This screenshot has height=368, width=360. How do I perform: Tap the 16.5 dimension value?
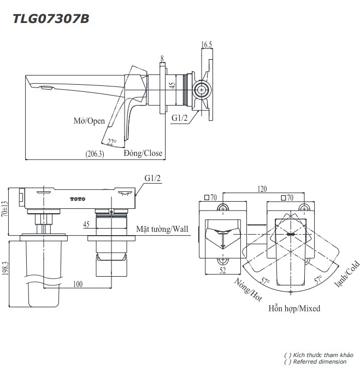pyautogui.click(x=206, y=45)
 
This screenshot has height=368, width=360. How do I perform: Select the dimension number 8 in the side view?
pyautogui.click(x=162, y=58)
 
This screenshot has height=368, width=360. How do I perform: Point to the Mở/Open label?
pyautogui.click(x=89, y=121)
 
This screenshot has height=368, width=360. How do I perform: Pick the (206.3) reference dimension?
pyautogui.click(x=95, y=154)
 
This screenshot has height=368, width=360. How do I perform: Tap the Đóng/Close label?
pyautogui.click(x=143, y=154)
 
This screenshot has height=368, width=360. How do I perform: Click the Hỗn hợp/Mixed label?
pyautogui.click(x=294, y=308)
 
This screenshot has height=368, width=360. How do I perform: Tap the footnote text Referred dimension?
pyautogui.click(x=315, y=362)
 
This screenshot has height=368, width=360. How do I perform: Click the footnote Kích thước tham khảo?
pyautogui.click(x=318, y=355)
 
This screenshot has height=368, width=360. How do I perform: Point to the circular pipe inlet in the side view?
pyautogui.click(x=201, y=89)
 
